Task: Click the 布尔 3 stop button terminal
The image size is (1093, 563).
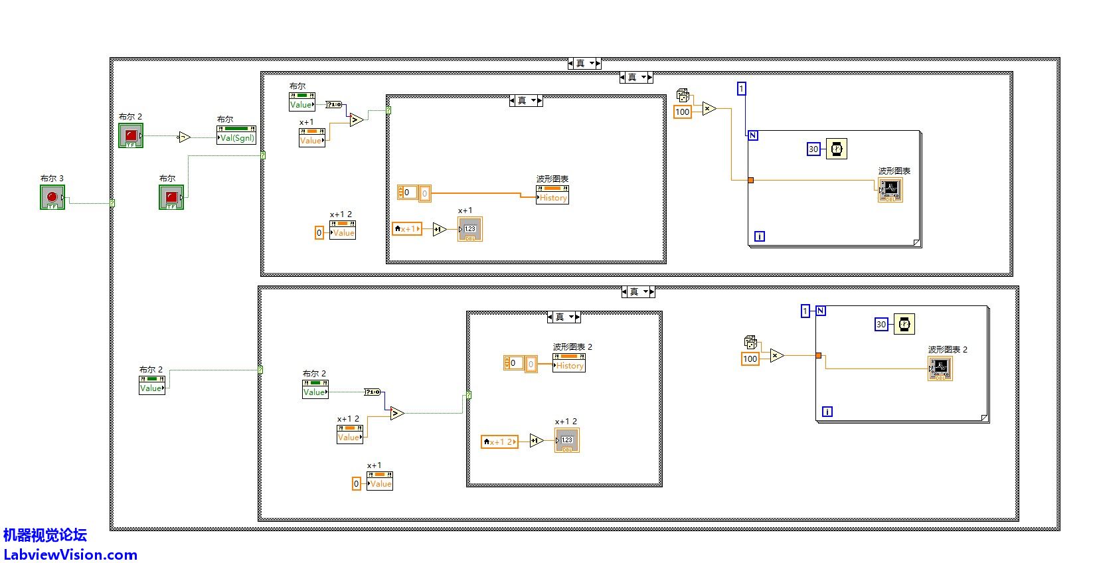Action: (x=52, y=197)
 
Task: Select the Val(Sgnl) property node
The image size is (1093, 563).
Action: (x=236, y=138)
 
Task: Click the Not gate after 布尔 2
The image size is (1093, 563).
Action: (x=184, y=137)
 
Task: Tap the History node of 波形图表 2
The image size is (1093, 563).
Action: (x=569, y=365)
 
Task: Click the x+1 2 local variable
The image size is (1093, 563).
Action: (x=499, y=442)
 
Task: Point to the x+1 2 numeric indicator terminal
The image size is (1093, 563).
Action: (x=567, y=440)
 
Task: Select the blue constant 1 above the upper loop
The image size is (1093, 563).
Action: (x=742, y=88)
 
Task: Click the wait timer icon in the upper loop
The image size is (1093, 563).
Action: (x=837, y=149)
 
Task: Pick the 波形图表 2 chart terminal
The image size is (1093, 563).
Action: (x=940, y=368)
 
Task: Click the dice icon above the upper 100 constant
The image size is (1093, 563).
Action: (x=683, y=95)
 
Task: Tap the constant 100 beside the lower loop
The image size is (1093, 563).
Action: (x=750, y=359)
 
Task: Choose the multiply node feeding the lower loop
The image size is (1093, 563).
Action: (x=777, y=356)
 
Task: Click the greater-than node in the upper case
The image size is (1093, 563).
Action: (x=357, y=120)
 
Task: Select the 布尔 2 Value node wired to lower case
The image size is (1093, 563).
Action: (x=151, y=388)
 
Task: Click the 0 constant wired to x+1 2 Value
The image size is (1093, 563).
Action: (x=319, y=232)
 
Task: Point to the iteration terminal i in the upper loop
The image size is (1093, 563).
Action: (x=760, y=236)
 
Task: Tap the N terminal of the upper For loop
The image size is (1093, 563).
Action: (x=753, y=135)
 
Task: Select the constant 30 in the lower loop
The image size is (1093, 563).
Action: (x=881, y=324)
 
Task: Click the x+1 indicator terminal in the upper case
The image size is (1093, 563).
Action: (x=469, y=229)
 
